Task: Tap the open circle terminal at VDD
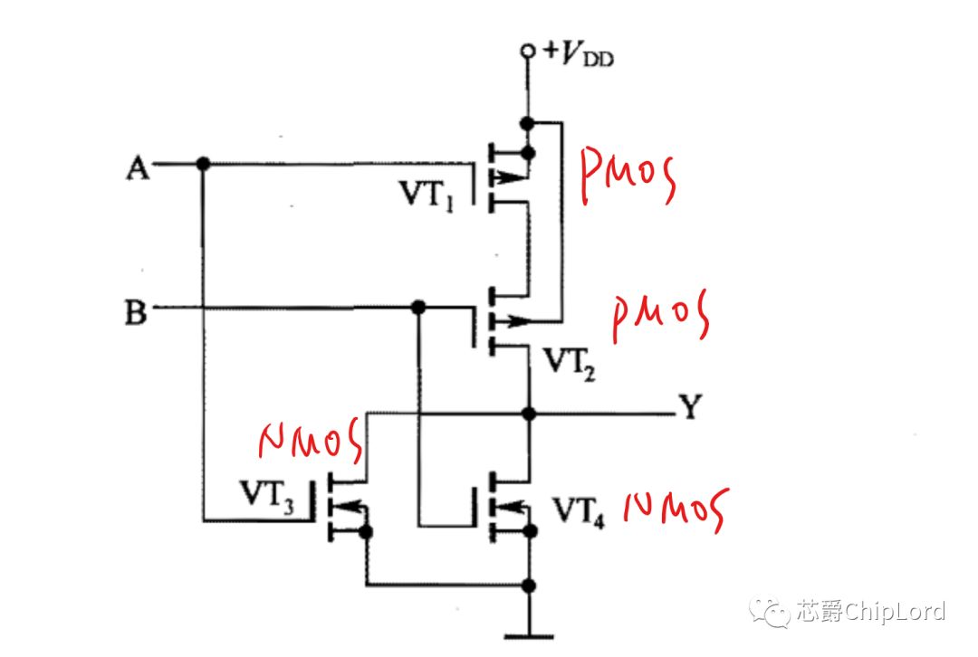point(528,51)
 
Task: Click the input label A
point(138,167)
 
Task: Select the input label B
point(136,311)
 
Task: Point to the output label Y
point(690,407)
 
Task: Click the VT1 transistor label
point(427,195)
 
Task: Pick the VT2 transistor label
point(570,364)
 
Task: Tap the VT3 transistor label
point(267,496)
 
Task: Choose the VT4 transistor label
point(578,511)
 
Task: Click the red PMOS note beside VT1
point(628,176)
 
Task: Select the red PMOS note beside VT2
point(660,316)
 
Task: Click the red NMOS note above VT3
point(311,440)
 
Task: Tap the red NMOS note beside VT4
point(676,509)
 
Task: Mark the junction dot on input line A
point(204,164)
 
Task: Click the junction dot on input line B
point(419,307)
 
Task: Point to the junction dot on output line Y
point(529,413)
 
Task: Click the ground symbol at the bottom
point(528,636)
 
